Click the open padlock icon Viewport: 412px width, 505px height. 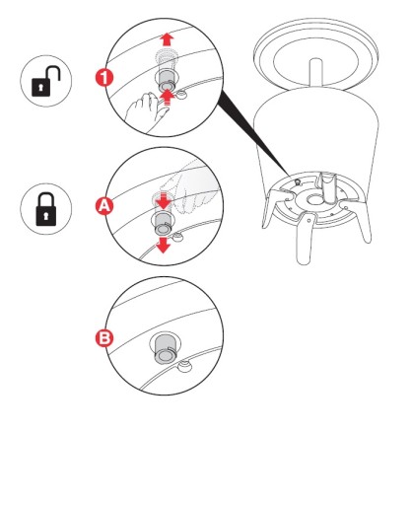point(45,82)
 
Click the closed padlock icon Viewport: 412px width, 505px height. point(46,209)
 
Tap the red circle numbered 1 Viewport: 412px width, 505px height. point(104,78)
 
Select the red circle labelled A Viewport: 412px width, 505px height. point(104,206)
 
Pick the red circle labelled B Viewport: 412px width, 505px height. point(104,338)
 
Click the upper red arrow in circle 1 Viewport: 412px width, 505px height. point(168,38)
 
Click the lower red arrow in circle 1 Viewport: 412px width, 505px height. point(168,98)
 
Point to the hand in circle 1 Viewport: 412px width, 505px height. point(146,109)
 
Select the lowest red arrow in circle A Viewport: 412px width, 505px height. point(164,246)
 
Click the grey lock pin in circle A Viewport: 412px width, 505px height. point(163,223)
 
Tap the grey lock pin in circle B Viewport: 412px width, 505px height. point(167,348)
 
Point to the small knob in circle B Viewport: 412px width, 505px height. point(184,366)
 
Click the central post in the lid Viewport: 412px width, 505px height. point(316,73)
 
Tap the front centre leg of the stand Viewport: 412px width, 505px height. point(306,238)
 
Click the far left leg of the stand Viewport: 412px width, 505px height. point(273,209)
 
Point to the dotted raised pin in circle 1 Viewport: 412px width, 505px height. point(166,59)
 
